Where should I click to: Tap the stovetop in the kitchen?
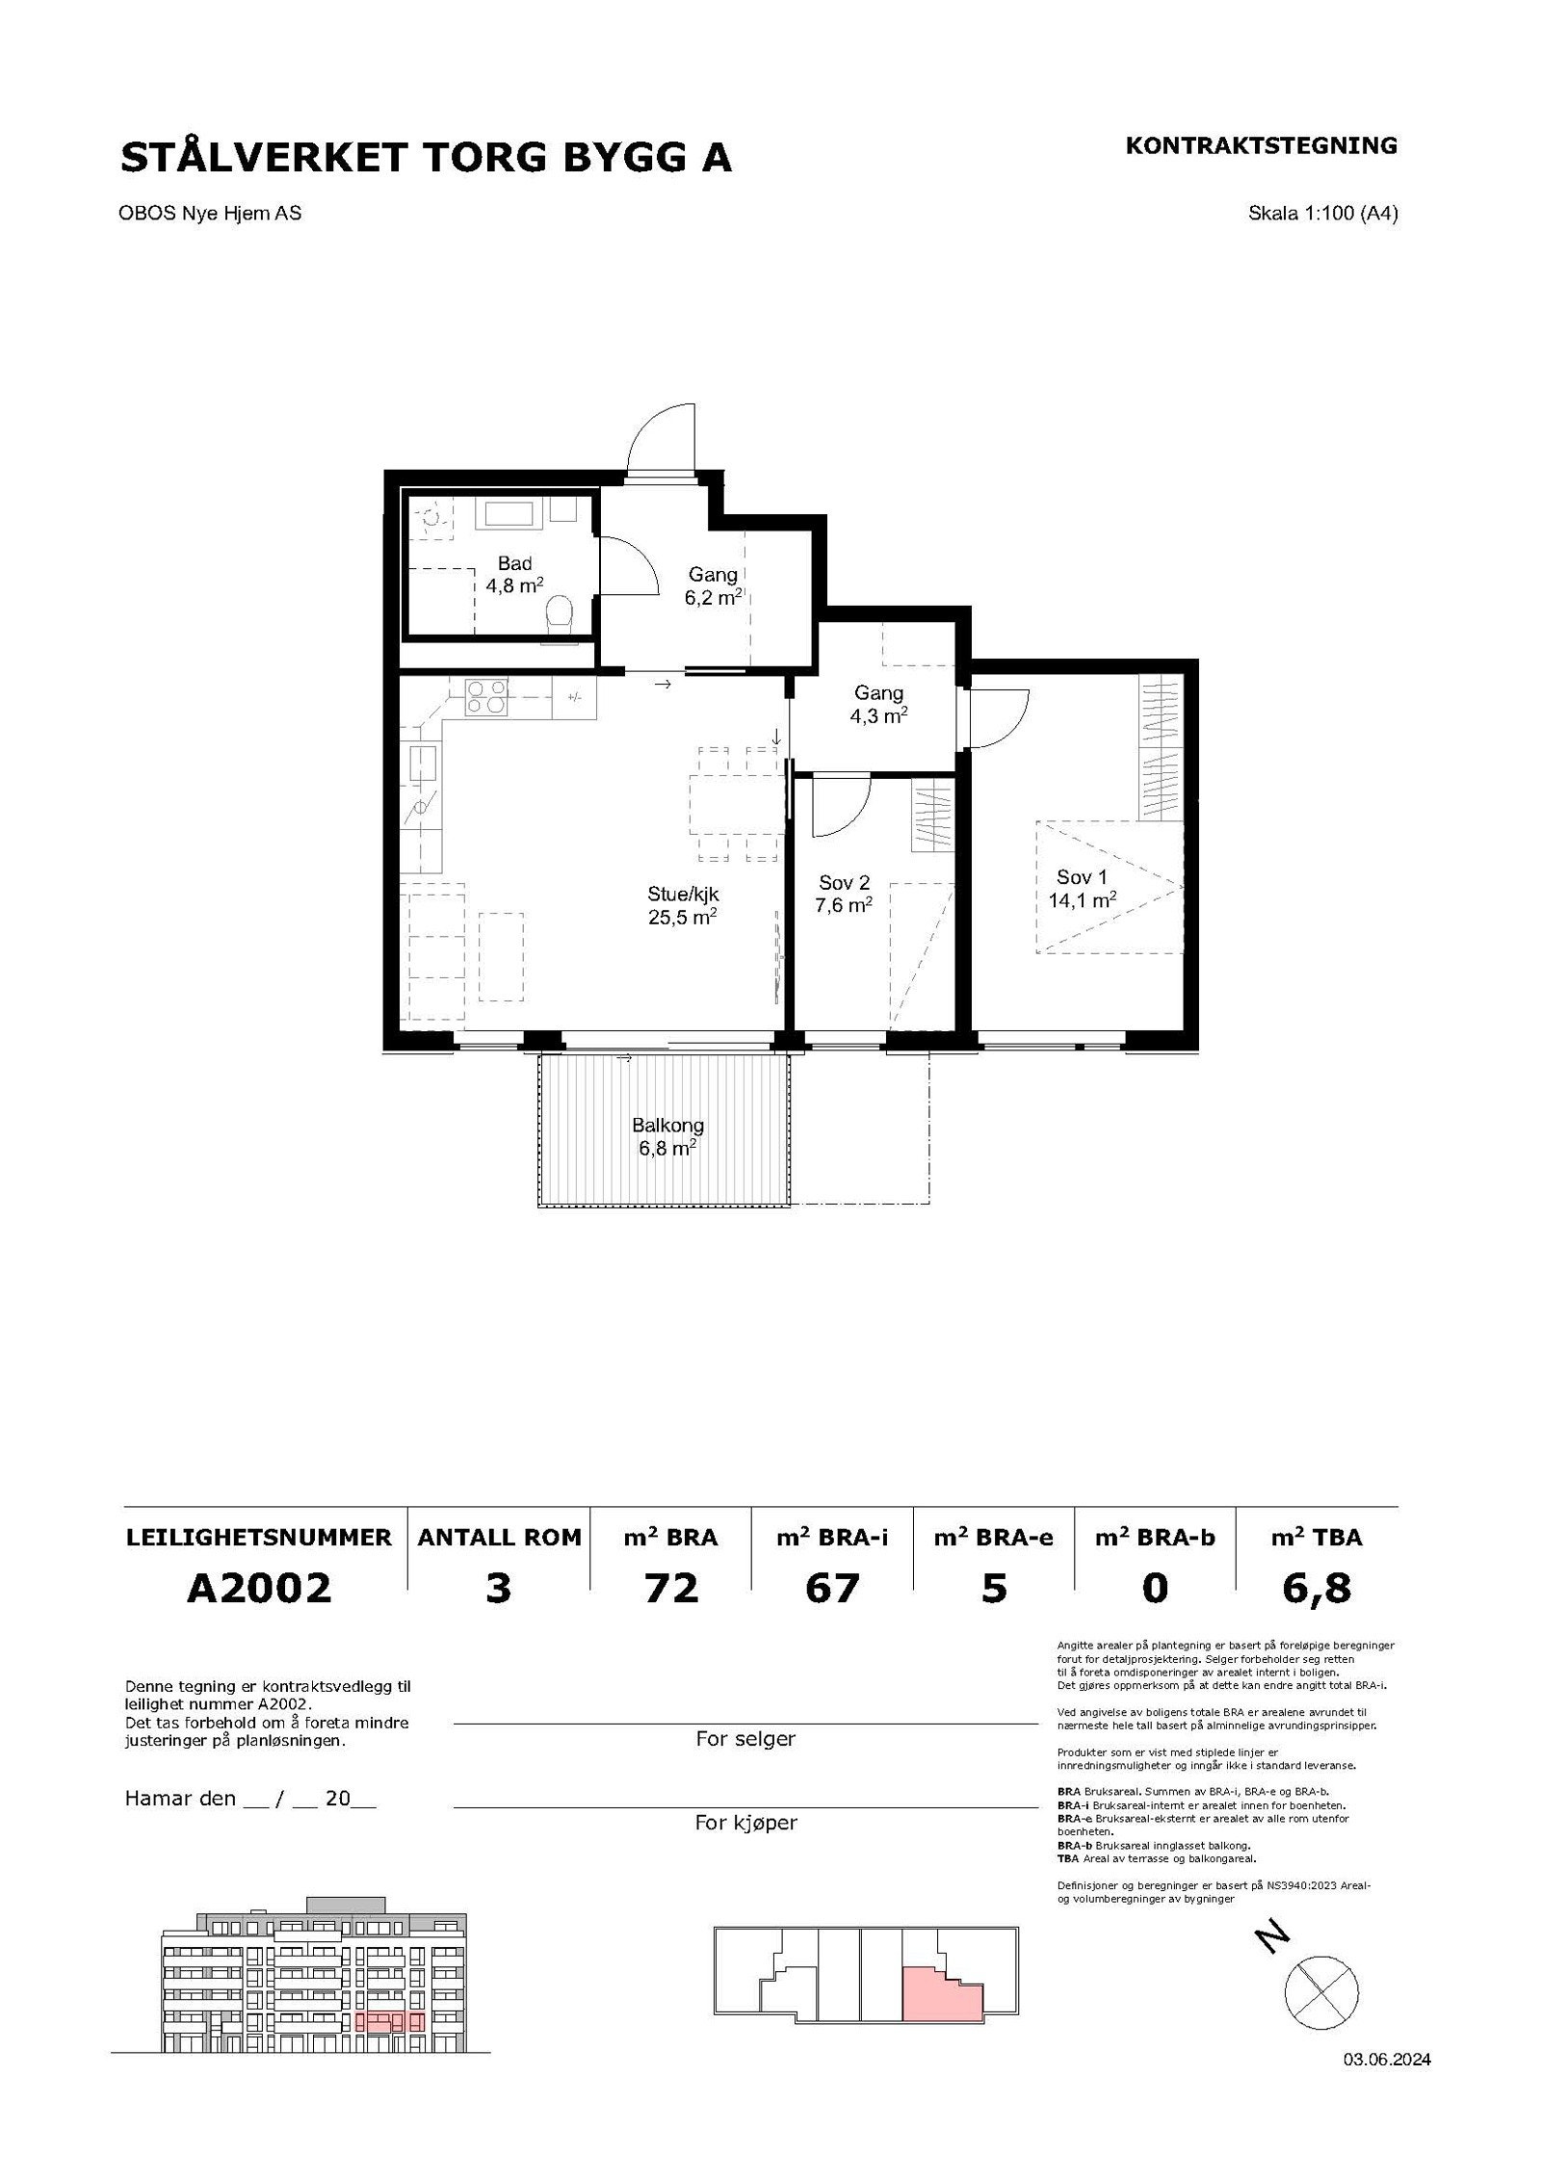tap(486, 697)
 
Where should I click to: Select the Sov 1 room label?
tap(1075, 877)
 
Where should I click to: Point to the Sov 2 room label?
tap(845, 882)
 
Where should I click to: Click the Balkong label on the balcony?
tap(667, 1125)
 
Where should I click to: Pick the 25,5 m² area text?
tap(682, 918)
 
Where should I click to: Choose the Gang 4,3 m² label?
tap(878, 704)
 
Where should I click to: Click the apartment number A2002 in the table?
tap(259, 1588)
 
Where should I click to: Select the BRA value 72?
tap(671, 1588)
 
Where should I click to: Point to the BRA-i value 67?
tap(832, 1588)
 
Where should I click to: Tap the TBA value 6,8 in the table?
tap(1317, 1589)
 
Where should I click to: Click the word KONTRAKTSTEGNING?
tap(1262, 145)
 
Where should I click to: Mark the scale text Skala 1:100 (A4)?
tap(1323, 214)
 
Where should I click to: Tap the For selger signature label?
tap(745, 1739)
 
